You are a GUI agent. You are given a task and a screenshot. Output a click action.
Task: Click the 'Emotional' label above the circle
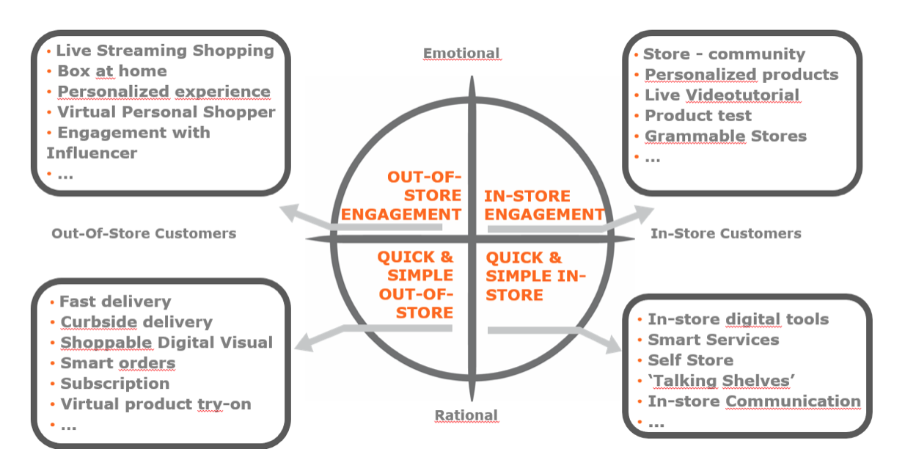461,53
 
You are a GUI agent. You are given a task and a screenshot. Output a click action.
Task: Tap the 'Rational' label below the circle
466,415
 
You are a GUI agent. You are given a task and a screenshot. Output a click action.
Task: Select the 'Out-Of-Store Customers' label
144,233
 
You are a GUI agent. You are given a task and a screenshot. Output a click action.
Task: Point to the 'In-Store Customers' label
725,233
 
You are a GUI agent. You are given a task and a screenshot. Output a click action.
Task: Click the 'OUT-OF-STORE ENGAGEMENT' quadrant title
402,196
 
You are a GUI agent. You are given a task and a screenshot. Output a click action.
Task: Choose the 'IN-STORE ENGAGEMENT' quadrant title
543,205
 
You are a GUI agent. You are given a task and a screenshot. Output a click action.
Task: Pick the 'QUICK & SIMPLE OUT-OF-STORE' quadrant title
415,285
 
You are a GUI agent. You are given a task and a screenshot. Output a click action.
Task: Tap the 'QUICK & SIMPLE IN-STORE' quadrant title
536,276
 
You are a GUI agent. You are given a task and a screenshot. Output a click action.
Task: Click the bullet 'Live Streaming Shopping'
165,51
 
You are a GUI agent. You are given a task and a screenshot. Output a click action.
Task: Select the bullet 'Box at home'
112,71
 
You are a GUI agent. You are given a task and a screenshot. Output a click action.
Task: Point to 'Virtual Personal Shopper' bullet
166,112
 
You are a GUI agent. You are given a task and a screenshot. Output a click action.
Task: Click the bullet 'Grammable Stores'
725,136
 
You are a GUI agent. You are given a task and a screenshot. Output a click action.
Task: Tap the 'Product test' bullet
697,116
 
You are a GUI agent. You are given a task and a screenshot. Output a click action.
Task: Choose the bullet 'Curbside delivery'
136,322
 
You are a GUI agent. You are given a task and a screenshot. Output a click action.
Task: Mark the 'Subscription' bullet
114,384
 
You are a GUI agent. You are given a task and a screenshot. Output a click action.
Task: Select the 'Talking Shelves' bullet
722,381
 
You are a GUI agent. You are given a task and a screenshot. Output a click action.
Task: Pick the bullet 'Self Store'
690,360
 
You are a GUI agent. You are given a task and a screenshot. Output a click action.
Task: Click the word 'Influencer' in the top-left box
91,153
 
